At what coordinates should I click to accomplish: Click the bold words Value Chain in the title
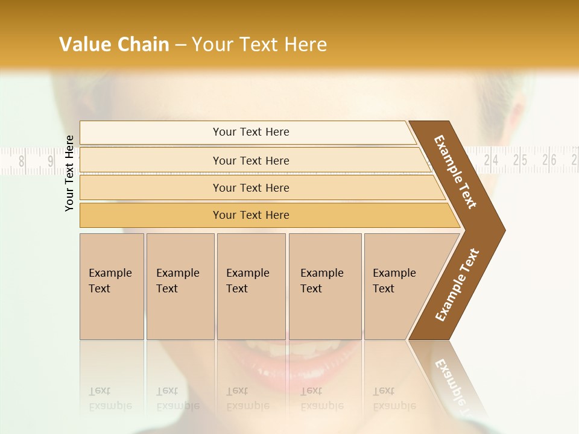point(114,45)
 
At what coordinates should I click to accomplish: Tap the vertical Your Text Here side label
point(69,173)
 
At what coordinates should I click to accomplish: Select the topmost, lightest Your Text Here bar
point(250,132)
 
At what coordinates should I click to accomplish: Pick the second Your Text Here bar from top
point(250,160)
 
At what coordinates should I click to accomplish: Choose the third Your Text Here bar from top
point(250,187)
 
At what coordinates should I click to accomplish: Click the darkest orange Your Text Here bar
point(250,215)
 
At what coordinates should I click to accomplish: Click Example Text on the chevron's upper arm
point(455,172)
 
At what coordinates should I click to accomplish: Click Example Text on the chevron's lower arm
point(457,285)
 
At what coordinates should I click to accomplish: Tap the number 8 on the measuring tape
point(22,161)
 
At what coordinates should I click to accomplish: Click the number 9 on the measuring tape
point(51,161)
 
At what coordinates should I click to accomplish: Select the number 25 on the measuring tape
point(520,160)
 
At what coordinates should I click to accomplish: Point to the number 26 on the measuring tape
point(549,160)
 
